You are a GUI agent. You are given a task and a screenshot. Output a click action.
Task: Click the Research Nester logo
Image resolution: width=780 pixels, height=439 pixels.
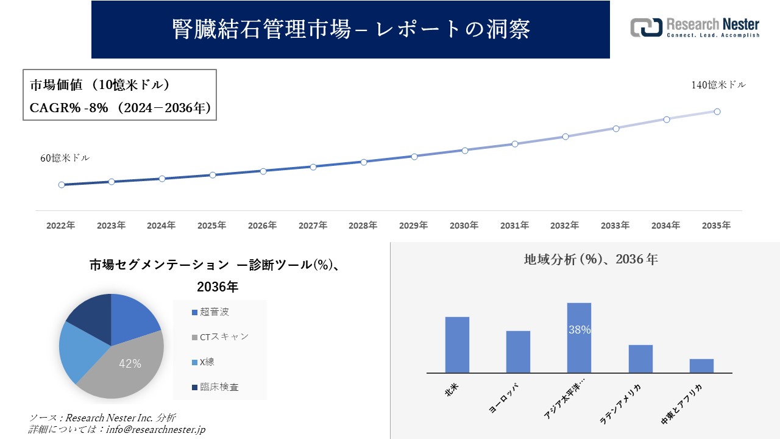(695, 27)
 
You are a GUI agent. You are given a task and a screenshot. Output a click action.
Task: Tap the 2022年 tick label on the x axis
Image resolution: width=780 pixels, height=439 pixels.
(61, 226)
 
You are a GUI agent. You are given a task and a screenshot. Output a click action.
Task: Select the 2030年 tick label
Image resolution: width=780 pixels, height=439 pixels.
(464, 226)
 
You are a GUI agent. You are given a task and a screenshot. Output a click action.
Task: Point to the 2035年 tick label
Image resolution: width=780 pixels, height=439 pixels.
(716, 226)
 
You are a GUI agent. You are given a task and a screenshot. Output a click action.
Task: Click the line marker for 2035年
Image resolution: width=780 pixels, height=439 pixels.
(717, 112)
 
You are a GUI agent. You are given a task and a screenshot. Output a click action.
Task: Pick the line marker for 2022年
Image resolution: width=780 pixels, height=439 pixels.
(62, 185)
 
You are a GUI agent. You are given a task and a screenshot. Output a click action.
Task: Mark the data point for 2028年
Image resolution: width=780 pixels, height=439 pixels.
(364, 162)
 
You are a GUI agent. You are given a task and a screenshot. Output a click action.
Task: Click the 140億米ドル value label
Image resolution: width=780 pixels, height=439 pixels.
(718, 85)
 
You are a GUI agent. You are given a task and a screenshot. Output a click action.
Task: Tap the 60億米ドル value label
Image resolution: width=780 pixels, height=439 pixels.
(65, 158)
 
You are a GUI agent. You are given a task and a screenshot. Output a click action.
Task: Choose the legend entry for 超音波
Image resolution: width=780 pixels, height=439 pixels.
(210, 312)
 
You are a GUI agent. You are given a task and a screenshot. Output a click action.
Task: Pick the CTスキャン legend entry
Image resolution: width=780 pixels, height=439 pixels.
(220, 337)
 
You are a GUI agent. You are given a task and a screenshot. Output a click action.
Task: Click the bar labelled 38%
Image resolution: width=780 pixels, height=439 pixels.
(579, 338)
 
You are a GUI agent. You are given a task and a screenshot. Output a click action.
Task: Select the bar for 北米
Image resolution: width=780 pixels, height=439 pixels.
(457, 344)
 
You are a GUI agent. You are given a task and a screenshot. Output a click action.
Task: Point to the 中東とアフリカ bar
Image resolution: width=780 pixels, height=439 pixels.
(701, 366)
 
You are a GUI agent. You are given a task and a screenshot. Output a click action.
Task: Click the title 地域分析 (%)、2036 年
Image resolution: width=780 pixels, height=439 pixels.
(591, 259)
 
